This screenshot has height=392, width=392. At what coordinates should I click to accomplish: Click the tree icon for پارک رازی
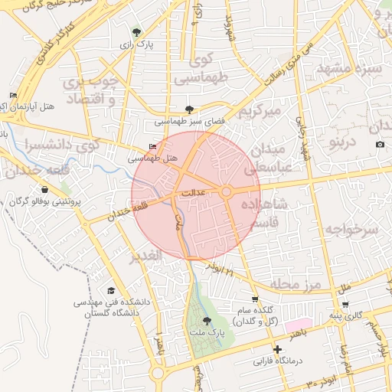pyautogui.click(x=136, y=32)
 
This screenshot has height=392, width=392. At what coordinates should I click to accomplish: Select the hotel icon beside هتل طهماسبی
pyautogui.click(x=152, y=147)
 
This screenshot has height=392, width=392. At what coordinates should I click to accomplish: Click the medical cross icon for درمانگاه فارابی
pyautogui.click(x=278, y=349)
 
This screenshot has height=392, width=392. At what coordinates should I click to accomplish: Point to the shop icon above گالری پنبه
pyautogui.click(x=345, y=304)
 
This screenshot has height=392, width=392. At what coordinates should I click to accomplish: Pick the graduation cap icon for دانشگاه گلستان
pyautogui.click(x=112, y=291)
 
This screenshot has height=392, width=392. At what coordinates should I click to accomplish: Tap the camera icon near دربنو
pyautogui.click(x=381, y=145)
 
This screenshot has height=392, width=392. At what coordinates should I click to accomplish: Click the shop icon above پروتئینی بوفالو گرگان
pyautogui.click(x=44, y=189)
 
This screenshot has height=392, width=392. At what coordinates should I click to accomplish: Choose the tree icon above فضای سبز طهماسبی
pyautogui.click(x=190, y=109)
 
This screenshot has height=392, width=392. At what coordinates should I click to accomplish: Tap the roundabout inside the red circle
pyautogui.click(x=227, y=191)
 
